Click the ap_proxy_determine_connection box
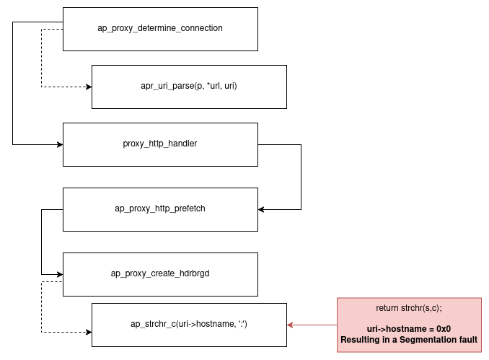click(160, 29)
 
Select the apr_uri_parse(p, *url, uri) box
click(189, 87)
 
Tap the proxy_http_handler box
click(160, 144)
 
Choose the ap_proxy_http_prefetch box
click(160, 209)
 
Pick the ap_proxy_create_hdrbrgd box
click(160, 273)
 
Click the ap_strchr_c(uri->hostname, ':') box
click(189, 325)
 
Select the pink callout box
click(409, 325)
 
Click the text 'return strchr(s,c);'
click(409, 308)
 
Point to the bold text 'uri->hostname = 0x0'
click(409, 329)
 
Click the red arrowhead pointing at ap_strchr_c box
click(291, 325)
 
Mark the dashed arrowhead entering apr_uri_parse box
click(89, 87)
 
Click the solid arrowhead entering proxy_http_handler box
click(60, 144)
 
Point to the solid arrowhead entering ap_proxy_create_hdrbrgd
click(60, 274)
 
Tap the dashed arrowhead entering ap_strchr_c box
click(89, 332)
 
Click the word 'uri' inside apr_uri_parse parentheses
click(229, 87)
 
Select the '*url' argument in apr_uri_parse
click(211, 87)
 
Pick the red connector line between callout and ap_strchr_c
click(314, 325)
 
